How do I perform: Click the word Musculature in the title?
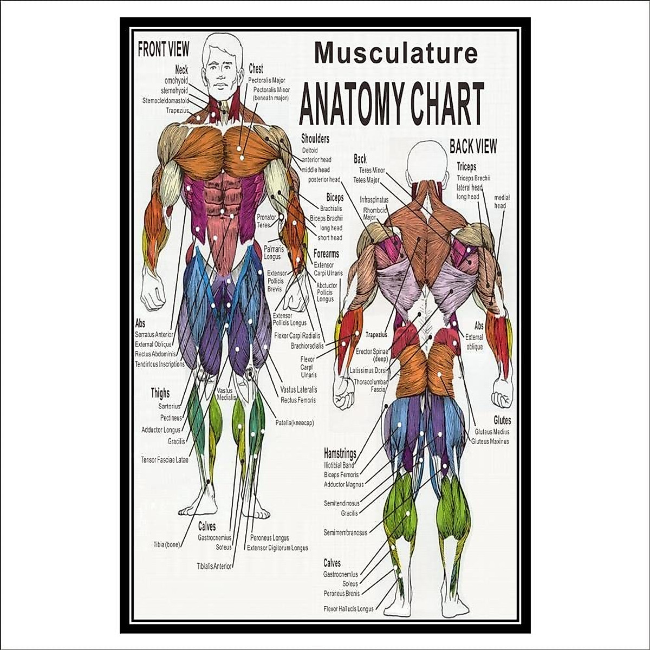tap(396, 53)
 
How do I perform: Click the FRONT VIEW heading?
tap(163, 50)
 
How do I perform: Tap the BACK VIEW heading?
tap(472, 146)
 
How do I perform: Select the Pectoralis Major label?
tap(266, 80)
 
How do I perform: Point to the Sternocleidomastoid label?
tap(165, 101)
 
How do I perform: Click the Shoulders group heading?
tap(315, 139)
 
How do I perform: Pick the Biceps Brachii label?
tap(326, 218)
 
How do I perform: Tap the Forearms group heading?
tap(326, 253)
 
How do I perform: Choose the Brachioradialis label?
tap(307, 346)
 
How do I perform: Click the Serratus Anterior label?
tap(154, 335)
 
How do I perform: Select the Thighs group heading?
tap(160, 393)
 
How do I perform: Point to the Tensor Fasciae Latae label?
tap(165, 460)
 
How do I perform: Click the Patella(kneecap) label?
tap(294, 423)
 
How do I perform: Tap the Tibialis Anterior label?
tap(214, 566)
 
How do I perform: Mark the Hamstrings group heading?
tap(340, 453)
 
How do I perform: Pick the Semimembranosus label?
tap(345, 532)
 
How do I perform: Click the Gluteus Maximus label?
tap(490, 441)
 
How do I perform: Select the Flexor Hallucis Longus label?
tap(348, 609)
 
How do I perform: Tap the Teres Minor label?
tap(372, 170)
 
